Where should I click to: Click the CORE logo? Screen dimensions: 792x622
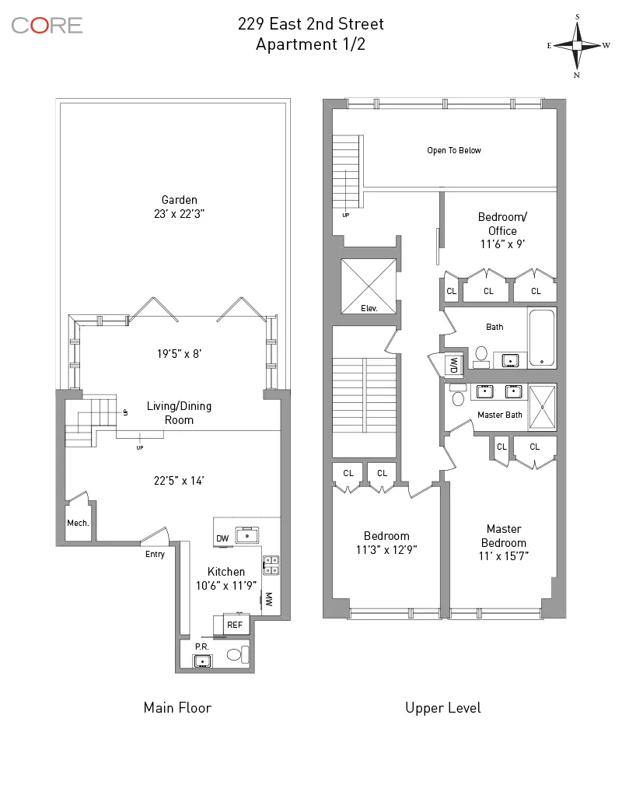[x=47, y=25]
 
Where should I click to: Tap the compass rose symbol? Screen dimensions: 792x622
[x=578, y=45]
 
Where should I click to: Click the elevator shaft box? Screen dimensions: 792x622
[x=369, y=286]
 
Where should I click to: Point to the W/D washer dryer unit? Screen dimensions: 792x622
[x=452, y=364]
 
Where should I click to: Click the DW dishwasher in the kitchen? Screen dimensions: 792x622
[x=222, y=538]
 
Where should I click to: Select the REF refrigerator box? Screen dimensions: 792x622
[x=235, y=623]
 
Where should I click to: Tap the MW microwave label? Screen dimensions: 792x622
[x=269, y=600]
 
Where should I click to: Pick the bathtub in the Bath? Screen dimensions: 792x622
[x=542, y=338]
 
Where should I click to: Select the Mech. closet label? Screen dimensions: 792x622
[x=79, y=523]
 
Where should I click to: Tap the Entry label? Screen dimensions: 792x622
[x=155, y=554]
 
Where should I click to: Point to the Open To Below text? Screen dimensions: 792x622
[x=454, y=150]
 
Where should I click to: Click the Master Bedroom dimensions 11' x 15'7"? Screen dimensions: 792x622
[x=503, y=556]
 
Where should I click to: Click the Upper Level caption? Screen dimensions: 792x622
[x=443, y=707]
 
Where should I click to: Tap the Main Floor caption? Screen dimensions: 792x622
[x=177, y=707]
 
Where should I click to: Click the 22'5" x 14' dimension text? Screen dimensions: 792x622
[x=178, y=481]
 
